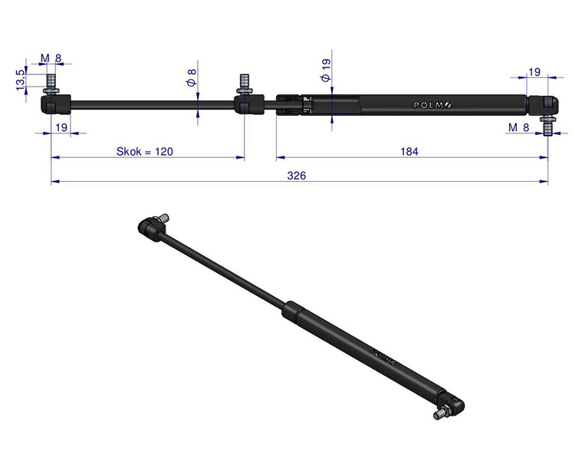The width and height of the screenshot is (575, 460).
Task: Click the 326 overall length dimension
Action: click(296, 176)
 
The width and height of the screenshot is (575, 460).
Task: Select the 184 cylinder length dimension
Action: click(409, 152)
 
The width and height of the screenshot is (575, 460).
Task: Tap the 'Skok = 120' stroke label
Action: click(144, 152)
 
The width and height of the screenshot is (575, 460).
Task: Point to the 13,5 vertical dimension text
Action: click(21, 80)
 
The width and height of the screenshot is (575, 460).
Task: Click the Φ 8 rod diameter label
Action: click(192, 77)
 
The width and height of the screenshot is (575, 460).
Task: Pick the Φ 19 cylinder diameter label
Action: click(325, 70)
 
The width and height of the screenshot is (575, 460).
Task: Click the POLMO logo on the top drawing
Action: click(432, 105)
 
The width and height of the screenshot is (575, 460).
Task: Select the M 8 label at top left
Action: click(51, 58)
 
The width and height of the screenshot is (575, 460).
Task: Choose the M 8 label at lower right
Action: click(519, 127)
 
